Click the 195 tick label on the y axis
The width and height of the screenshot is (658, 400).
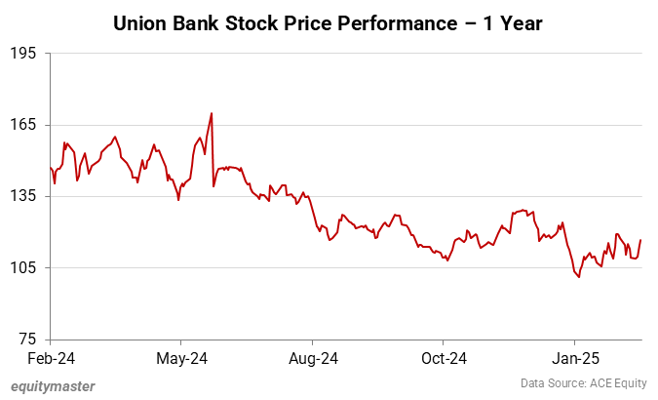tap(22, 54)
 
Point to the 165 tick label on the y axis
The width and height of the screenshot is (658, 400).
tap(22, 125)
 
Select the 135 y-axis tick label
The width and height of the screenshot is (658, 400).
tap(22, 196)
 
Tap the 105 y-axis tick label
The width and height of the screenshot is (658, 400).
tap(22, 267)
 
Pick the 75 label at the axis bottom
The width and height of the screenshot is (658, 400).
tap(27, 339)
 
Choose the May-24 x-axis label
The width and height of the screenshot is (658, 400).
tap(182, 359)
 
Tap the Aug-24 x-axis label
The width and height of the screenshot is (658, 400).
tap(314, 359)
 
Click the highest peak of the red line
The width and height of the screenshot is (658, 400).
tap(212, 113)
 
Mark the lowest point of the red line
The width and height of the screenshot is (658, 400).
tap(579, 277)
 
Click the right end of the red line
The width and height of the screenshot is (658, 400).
tap(640, 240)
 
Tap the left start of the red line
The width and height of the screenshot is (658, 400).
tap(50, 168)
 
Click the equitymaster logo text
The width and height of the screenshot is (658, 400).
tap(54, 386)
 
